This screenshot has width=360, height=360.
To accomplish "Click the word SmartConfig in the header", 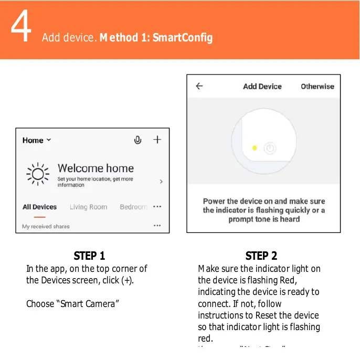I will coord(183,38).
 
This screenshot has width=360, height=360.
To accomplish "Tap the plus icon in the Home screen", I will coord(157,140).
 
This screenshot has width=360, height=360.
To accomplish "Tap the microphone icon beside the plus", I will coord(137,140).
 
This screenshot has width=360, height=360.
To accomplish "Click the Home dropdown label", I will coord(37,140).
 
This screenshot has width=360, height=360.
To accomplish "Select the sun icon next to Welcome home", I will coord(38,174).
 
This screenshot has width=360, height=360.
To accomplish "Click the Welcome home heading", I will coord(96,168).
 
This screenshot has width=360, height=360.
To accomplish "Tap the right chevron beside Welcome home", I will coord(161,181).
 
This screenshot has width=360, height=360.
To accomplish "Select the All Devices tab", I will coord(39,207).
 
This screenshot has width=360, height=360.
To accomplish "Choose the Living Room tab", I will coord(88,207).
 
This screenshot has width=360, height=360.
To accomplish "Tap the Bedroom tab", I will coord(133,207).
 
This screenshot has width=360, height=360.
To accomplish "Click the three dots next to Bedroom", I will coord(157,207).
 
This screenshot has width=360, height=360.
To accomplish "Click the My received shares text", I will coord(46,226).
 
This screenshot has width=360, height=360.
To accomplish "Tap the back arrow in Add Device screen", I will coord(199,87).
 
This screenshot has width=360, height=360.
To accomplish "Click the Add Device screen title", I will coord(262,87).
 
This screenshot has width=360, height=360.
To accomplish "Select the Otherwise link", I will coord(317,87).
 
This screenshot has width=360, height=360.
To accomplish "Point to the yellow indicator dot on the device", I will coord(255,148).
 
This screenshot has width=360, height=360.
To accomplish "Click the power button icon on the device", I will coord(270,148).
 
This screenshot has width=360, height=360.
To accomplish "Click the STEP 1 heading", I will coord(89,256).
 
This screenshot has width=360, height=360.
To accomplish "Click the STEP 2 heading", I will coord(261,256).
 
